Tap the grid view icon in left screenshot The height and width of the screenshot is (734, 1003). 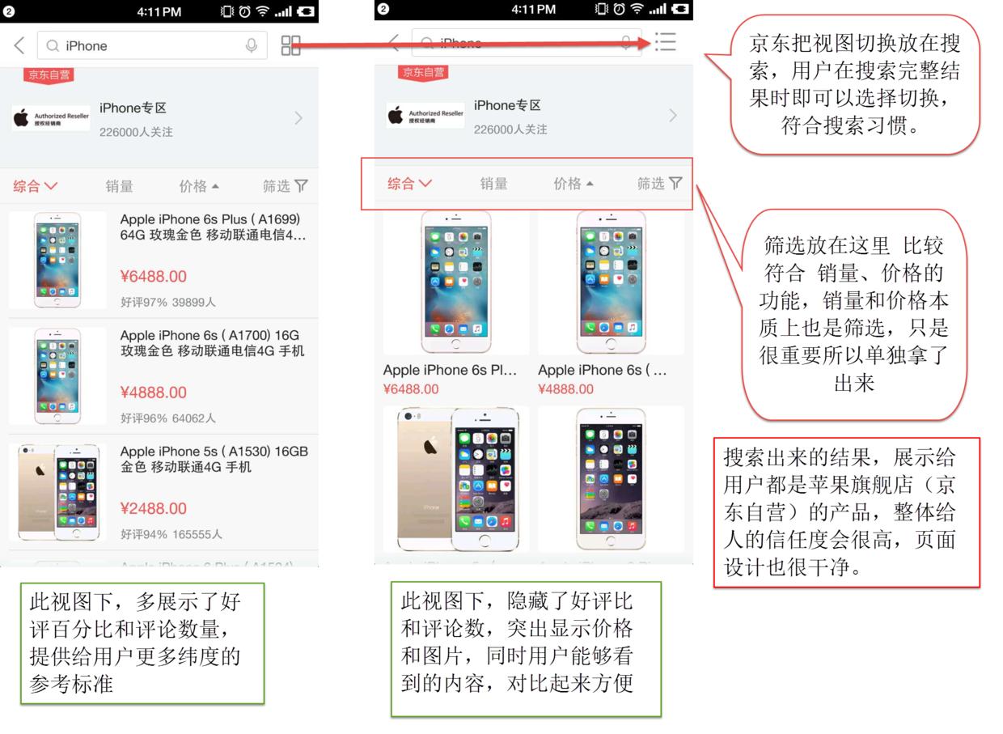coord(290,46)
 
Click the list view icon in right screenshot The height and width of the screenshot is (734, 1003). coord(665,42)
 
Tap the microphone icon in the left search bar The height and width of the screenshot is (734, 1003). coord(252,46)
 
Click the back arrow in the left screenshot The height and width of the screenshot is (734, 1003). coord(19,46)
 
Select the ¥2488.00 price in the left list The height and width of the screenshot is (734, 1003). coord(153,509)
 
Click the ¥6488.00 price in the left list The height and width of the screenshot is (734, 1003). coord(153,277)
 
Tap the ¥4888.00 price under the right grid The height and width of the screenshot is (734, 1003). coord(565,389)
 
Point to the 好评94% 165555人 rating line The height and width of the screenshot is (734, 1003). coord(171,534)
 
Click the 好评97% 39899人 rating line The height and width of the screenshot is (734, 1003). coord(168,302)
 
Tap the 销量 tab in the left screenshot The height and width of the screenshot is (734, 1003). coord(119,186)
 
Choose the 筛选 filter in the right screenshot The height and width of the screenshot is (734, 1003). coord(659,184)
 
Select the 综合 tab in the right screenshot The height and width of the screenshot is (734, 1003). coord(409,184)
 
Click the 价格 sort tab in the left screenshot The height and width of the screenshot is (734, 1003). coord(199,186)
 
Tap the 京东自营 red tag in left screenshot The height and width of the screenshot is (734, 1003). coord(49,75)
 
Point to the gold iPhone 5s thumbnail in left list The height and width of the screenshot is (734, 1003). coord(58,492)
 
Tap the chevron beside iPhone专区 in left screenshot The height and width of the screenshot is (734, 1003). coord(298,118)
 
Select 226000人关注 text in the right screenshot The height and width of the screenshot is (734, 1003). coord(510,129)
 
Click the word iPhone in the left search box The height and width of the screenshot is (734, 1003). coord(87,46)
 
